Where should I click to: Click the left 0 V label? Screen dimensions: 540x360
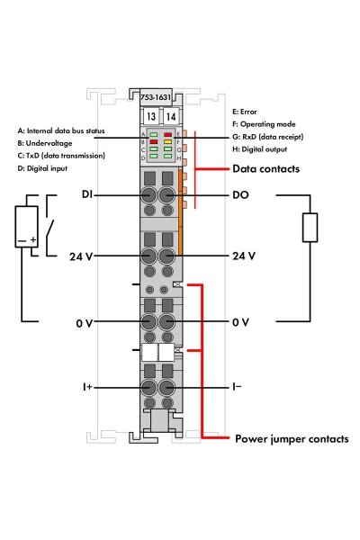pos(85,321)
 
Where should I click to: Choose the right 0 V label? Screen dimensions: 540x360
pos(240,321)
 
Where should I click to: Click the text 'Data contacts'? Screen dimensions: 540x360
pos(266,168)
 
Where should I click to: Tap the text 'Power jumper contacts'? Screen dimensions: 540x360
pos(292,440)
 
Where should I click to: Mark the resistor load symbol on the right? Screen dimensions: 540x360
pos(310,228)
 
